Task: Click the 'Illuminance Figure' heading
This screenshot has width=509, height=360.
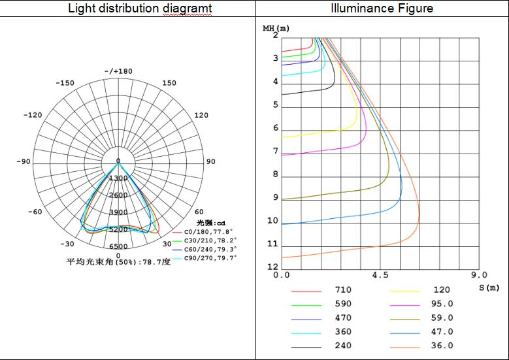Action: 382,8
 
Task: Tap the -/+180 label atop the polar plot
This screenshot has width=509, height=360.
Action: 118,71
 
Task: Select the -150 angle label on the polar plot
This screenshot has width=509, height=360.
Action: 65,83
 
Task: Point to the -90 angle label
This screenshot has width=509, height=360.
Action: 24,161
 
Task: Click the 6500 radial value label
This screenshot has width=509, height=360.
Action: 118,246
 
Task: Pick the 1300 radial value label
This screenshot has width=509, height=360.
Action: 118,178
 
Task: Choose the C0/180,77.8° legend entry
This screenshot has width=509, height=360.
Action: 208,231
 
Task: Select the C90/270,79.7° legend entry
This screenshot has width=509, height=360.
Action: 209,257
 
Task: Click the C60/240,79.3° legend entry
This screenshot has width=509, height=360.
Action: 209,249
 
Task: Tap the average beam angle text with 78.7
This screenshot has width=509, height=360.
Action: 118,261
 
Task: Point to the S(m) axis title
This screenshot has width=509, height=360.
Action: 489,287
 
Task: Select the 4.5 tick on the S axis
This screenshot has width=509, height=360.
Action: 380,276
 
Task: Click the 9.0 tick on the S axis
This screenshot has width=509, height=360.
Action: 478,276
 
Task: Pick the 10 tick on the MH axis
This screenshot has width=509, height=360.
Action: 272,221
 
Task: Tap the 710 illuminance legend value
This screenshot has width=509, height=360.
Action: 343,290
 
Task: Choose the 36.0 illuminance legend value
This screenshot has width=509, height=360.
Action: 442,346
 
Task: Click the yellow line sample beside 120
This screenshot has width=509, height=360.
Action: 405,291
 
